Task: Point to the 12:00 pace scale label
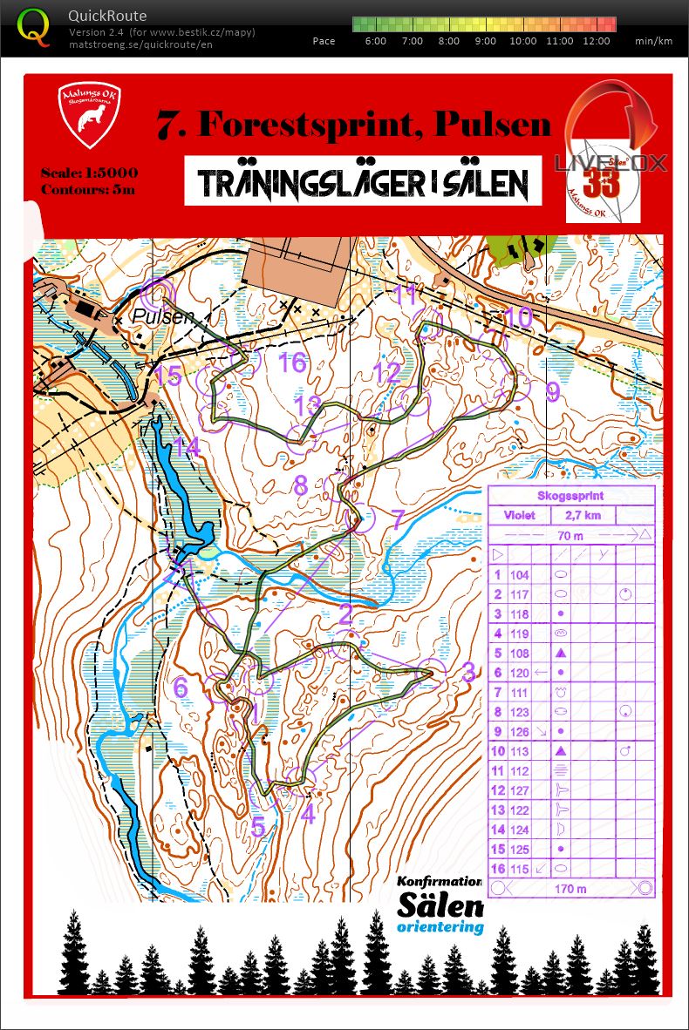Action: click(x=596, y=41)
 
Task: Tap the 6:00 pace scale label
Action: click(x=376, y=41)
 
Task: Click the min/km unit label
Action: click(x=653, y=41)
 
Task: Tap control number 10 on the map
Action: click(x=518, y=316)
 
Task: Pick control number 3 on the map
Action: click(x=468, y=672)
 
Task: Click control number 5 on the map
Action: click(x=257, y=825)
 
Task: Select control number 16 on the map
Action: click(x=292, y=363)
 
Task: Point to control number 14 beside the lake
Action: click(x=187, y=448)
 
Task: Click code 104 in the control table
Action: click(x=519, y=575)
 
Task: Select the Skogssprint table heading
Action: click(x=570, y=496)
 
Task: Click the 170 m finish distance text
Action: click(x=571, y=889)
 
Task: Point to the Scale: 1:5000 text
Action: click(x=89, y=173)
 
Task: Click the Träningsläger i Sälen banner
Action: click(x=363, y=182)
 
